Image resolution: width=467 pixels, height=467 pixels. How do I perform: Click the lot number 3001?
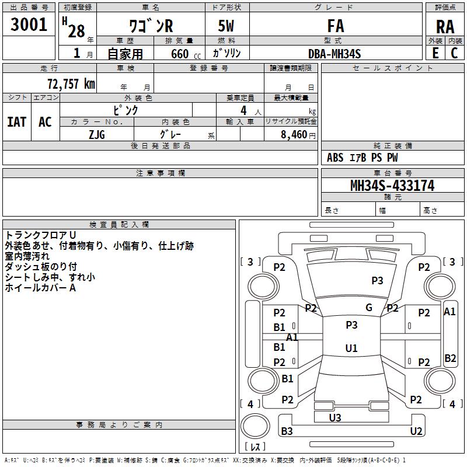click(x=29, y=24)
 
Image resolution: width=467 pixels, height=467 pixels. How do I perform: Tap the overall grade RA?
click(x=445, y=27)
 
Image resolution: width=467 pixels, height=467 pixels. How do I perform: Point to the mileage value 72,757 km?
click(x=71, y=83)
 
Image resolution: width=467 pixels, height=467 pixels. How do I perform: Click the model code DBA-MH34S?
click(x=334, y=54)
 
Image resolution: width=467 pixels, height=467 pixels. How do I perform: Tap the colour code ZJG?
click(x=97, y=134)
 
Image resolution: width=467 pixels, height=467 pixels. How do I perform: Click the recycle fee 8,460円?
click(x=294, y=134)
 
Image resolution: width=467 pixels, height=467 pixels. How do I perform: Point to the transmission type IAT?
click(x=17, y=121)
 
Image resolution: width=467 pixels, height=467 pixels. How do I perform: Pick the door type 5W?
click(x=227, y=27)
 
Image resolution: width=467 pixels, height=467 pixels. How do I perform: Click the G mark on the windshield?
click(x=369, y=308)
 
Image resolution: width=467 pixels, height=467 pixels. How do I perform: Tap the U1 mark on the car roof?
click(x=351, y=348)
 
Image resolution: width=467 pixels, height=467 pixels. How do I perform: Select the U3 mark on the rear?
click(x=335, y=417)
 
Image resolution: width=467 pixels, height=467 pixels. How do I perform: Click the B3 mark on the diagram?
click(x=287, y=431)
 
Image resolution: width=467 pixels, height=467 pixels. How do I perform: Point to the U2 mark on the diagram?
click(x=416, y=431)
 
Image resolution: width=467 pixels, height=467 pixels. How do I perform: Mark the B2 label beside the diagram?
click(x=450, y=358)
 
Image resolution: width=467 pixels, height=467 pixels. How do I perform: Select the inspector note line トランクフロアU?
click(x=37, y=235)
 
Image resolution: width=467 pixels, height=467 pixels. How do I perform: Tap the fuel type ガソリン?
click(x=227, y=54)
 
